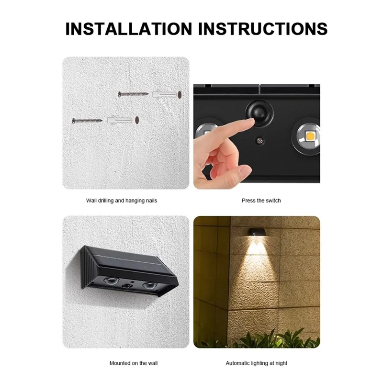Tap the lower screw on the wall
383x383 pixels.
point(87,120)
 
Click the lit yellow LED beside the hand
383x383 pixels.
point(308,135)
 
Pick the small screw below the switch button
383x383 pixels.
point(259,141)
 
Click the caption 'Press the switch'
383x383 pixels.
point(261,201)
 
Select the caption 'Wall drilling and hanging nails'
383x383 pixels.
point(122,201)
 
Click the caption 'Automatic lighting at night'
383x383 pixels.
point(257,363)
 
